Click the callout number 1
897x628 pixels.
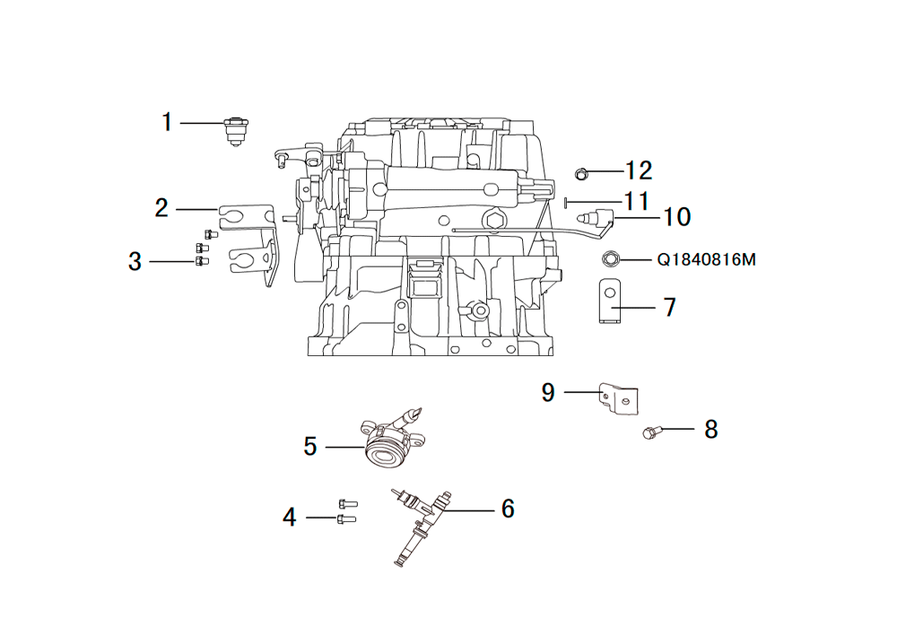(167, 122)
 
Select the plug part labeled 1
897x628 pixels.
(235, 132)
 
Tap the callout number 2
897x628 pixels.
(161, 208)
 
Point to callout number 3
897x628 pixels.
(135, 261)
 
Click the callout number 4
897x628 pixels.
(290, 517)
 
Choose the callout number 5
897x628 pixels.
(310, 447)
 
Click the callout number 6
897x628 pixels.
(508, 509)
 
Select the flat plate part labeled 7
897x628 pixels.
(610, 301)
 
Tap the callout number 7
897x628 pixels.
(670, 307)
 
